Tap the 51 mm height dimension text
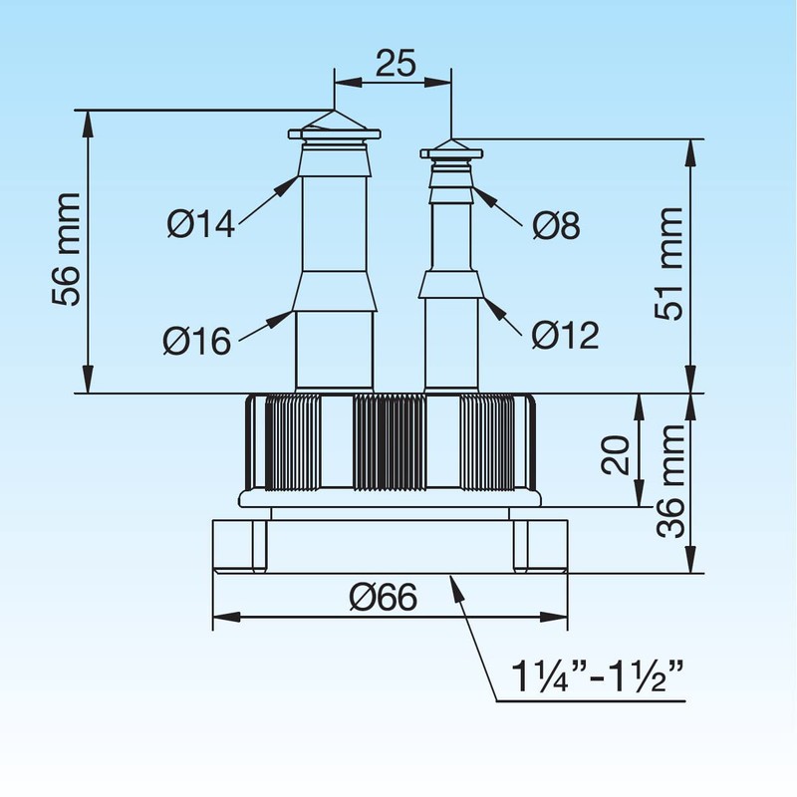point(669,263)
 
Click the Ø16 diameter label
point(197,342)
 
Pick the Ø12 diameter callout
point(565,336)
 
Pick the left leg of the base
point(241,546)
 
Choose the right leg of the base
point(538,546)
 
